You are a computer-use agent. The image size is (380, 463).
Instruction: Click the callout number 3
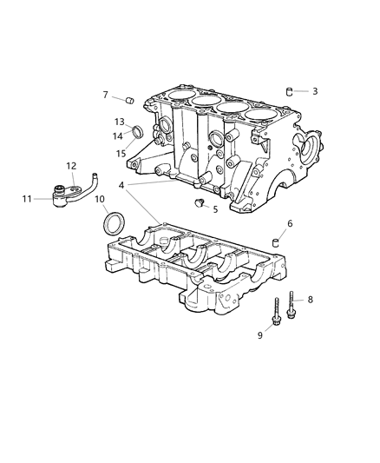[x=315, y=91]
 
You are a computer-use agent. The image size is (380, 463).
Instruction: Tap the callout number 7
[x=106, y=95]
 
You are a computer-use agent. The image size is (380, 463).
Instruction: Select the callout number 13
[x=120, y=122]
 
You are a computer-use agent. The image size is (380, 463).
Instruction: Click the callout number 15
[x=120, y=154]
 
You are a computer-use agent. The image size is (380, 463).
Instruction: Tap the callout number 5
[x=215, y=209]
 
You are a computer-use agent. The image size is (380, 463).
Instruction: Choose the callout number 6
[x=290, y=224]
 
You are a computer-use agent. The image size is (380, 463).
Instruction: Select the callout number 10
[x=99, y=200]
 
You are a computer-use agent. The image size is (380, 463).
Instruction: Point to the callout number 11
[x=27, y=199]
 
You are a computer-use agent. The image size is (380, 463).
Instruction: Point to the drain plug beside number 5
[x=199, y=203]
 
